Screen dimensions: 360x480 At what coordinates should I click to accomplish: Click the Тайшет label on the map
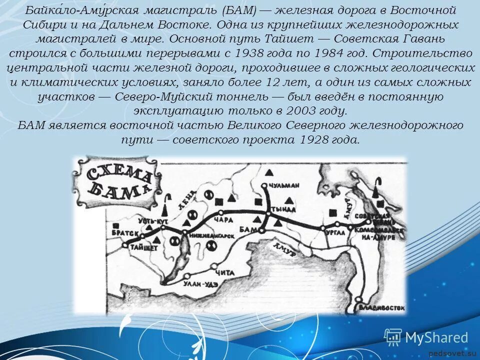click(144, 247)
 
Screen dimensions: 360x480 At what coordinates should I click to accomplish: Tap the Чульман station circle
click(264, 185)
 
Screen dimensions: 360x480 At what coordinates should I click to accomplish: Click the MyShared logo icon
click(393, 338)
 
